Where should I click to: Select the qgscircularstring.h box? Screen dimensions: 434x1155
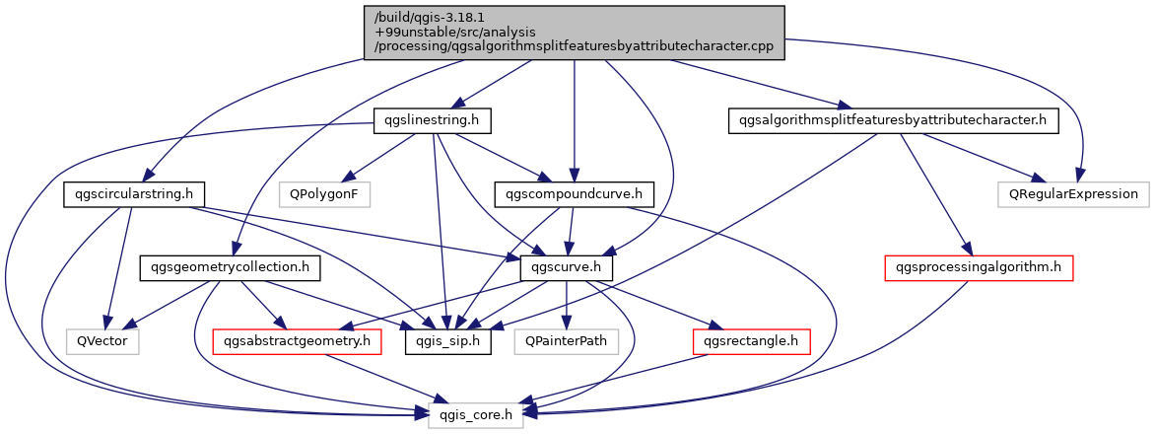pyautogui.click(x=126, y=194)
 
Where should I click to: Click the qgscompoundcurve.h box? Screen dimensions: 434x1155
pyautogui.click(x=573, y=194)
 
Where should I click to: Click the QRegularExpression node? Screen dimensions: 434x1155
pyautogui.click(x=1073, y=194)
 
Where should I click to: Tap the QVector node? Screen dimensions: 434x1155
pyautogui.click(x=102, y=341)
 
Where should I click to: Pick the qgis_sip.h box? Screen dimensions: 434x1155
pyautogui.click(x=447, y=341)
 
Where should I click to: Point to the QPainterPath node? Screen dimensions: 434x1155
pyautogui.click(x=566, y=341)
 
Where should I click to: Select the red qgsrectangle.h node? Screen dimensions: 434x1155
pyautogui.click(x=752, y=341)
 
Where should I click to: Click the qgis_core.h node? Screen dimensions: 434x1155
pyautogui.click(x=475, y=414)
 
